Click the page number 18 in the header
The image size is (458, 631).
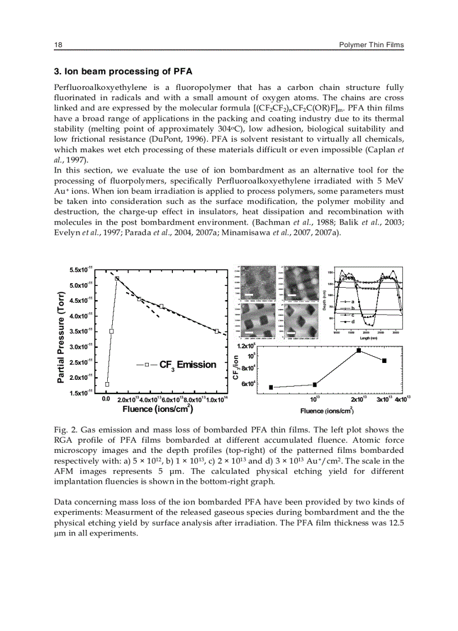coord(57,44)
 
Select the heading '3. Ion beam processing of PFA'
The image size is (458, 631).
coord(123,71)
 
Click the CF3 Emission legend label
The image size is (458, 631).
coord(187,365)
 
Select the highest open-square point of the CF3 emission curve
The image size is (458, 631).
coord(117,279)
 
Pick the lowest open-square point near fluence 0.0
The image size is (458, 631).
coord(107,384)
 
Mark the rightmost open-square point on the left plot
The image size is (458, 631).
coord(217,331)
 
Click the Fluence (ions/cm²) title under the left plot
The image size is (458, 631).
coord(158,408)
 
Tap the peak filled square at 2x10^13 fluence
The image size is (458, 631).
coord(359,351)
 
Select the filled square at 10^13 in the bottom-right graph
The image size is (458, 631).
coord(315,384)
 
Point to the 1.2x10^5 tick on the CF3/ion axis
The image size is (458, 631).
coord(246,347)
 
